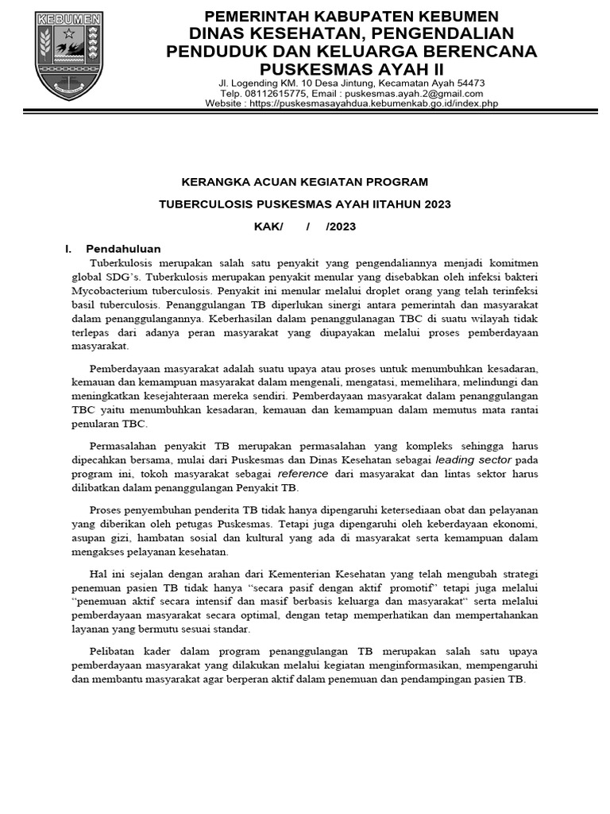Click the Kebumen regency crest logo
click(x=69, y=56)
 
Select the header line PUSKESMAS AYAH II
click(x=352, y=69)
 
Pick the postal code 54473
click(x=469, y=83)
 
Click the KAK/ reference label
click(x=268, y=227)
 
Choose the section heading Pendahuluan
click(x=123, y=249)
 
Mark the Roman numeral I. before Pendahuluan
click(x=67, y=249)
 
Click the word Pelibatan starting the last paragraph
click(x=113, y=649)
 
